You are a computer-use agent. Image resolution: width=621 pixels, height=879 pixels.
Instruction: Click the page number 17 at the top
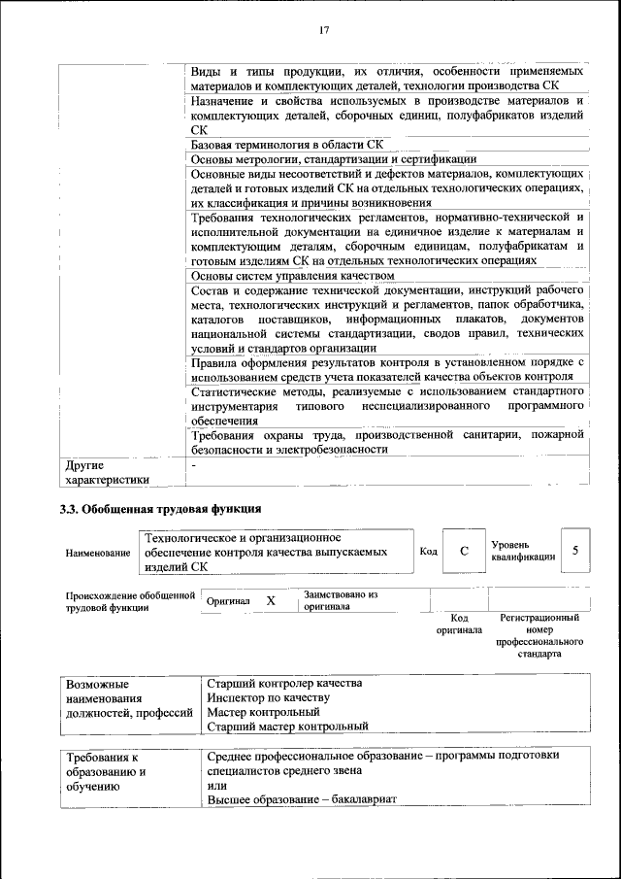coord(324,30)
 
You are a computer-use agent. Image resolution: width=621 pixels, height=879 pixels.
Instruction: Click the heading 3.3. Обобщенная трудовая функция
coord(160,508)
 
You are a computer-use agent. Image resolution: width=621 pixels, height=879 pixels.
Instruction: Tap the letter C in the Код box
coord(464,551)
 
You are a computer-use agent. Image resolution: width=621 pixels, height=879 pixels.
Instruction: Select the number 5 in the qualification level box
coord(575,551)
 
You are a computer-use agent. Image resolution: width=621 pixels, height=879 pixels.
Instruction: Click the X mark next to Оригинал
coord(271,601)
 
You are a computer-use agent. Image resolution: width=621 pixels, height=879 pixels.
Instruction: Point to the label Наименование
coord(98,553)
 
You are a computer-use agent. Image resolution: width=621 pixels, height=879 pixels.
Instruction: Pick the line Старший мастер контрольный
coord(287,726)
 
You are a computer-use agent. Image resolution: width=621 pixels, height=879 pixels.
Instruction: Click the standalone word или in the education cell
coord(216,785)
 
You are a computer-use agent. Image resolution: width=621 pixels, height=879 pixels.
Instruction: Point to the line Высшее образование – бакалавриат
coord(303,799)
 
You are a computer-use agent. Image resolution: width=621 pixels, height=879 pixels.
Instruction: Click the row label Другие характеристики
coord(107,472)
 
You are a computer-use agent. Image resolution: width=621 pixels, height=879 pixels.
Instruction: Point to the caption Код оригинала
coord(459,624)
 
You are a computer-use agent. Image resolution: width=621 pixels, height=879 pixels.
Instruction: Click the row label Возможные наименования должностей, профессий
coord(124,697)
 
